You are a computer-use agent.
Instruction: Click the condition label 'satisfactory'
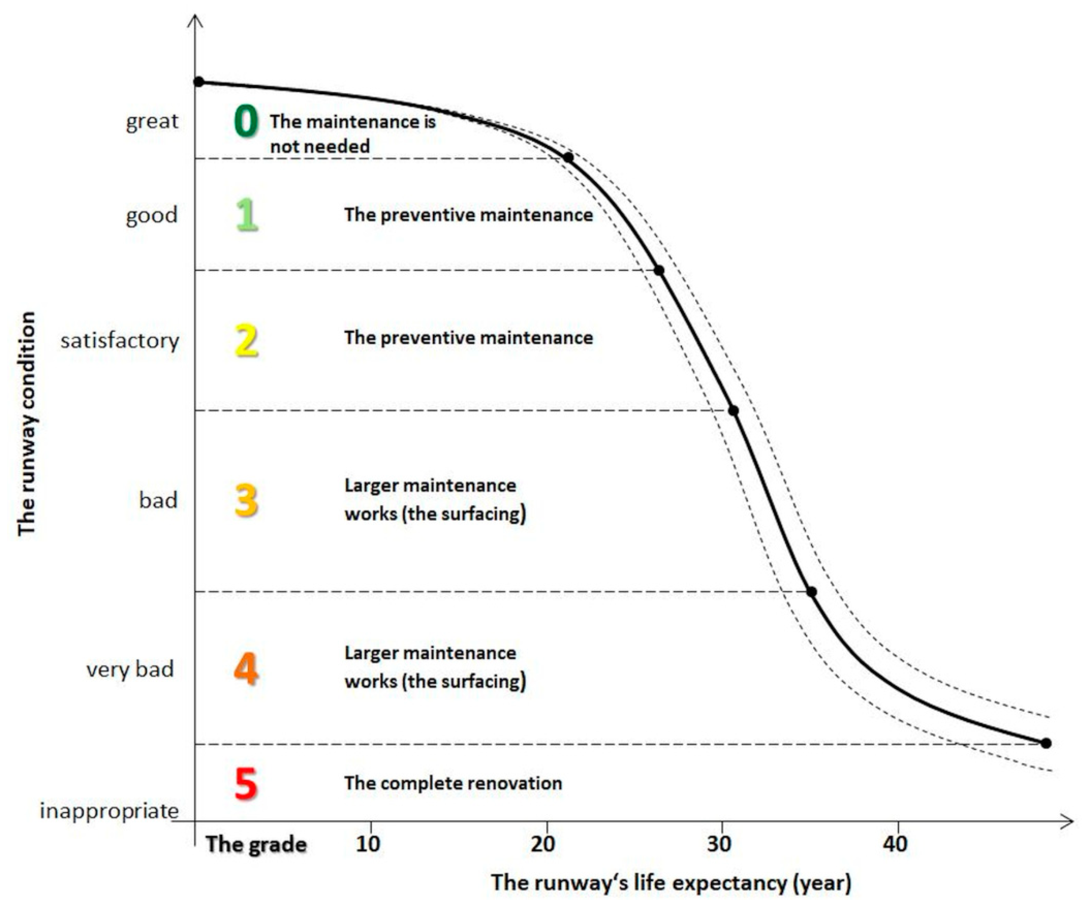[x=120, y=341]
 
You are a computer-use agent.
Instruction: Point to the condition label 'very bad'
[x=130, y=669]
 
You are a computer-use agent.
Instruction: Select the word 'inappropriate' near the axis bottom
[x=110, y=811]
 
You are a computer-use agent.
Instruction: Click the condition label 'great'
[x=152, y=121]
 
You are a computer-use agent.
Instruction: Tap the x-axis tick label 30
[x=719, y=844]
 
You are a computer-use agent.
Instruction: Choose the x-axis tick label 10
[x=368, y=844]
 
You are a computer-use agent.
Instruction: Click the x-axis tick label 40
[x=895, y=844]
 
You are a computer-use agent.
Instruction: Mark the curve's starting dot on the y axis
[x=199, y=81]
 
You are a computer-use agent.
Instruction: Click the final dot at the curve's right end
[x=1046, y=743]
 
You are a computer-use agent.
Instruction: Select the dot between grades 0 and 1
[x=568, y=157]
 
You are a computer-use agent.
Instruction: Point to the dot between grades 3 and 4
[x=811, y=591]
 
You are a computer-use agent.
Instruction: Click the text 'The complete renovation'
[x=453, y=783]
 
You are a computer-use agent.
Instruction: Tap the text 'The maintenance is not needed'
[x=352, y=134]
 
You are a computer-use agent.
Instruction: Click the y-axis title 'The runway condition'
[x=27, y=423]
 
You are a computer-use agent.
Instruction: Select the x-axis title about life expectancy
[x=671, y=882]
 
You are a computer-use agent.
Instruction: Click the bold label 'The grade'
[x=256, y=844]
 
